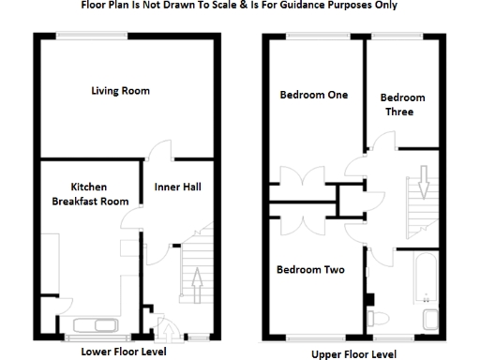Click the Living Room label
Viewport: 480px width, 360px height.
[120, 91]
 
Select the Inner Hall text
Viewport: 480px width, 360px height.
[177, 187]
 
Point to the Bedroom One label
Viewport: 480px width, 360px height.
[313, 95]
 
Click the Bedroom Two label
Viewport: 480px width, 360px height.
[309, 270]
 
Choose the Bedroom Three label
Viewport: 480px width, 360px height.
[403, 104]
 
